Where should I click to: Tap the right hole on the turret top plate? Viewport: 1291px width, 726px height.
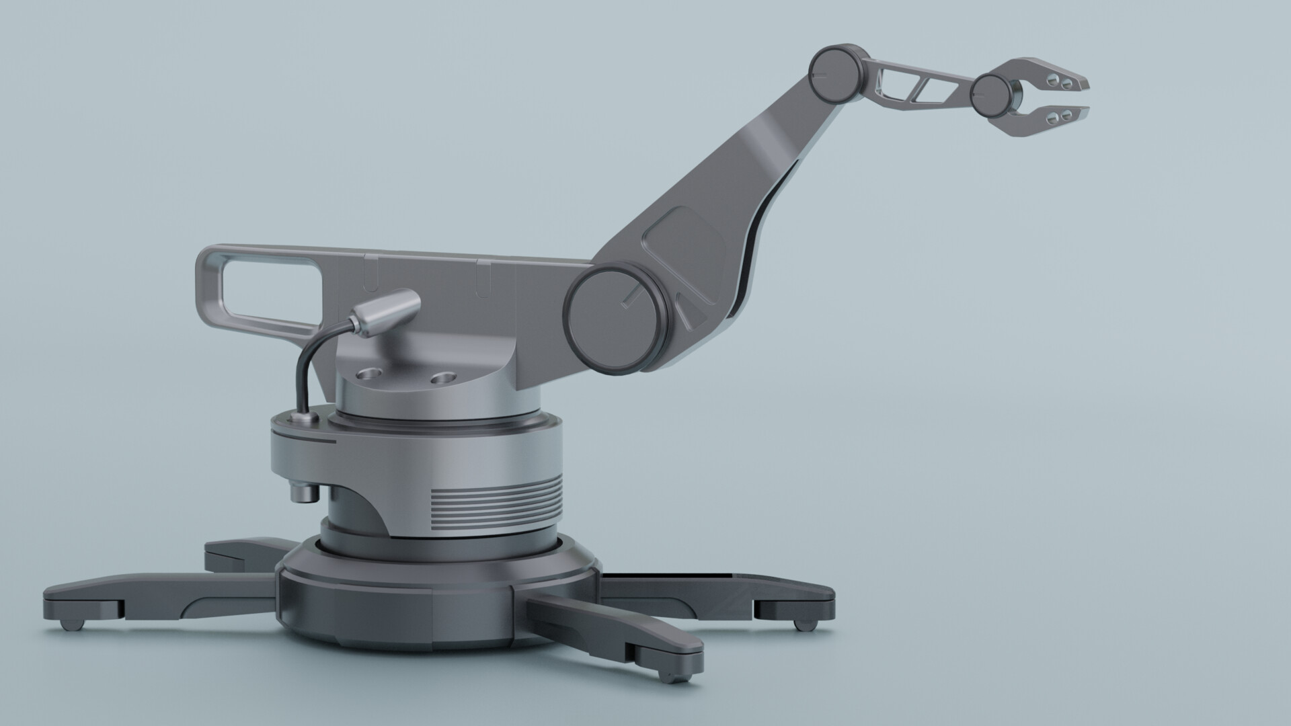[442, 378]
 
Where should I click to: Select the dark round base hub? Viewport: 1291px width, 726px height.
[437, 592]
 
